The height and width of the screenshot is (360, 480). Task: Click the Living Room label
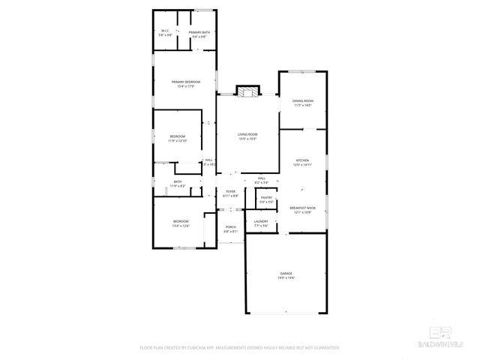pos(247,134)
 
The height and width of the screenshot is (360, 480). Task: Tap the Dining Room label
pos(303,100)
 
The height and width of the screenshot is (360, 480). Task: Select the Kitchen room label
pos(302,160)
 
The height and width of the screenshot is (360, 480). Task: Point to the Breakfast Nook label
pos(302,208)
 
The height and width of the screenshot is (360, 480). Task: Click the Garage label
pos(286,273)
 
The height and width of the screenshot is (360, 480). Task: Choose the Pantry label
pos(266,198)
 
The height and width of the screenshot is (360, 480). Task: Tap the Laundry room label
pos(261,221)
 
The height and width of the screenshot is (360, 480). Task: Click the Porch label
pos(231,227)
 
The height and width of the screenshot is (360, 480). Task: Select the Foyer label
pos(231,191)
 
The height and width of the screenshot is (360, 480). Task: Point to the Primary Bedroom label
pos(186,82)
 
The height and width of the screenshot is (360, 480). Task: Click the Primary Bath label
pos(199,32)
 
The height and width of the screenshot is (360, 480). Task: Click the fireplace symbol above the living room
pos(247,91)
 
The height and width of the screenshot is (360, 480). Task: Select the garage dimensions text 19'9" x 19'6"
pos(286,278)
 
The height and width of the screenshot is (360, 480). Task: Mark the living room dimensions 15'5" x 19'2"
pos(247,139)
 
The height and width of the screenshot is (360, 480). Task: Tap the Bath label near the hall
pos(178,181)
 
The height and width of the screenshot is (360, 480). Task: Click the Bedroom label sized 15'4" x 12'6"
pos(181,221)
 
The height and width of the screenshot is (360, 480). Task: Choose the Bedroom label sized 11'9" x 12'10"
pos(177,136)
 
